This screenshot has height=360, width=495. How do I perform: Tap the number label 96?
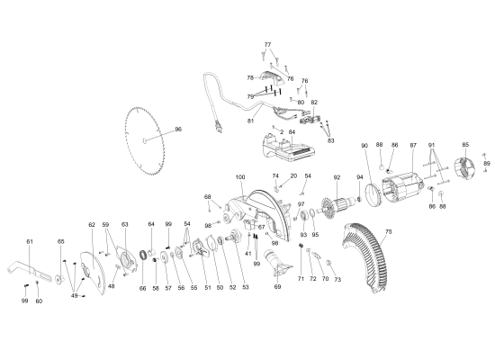[178, 130]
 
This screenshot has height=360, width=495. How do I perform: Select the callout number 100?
[239, 176]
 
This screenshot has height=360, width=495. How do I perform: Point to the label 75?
[389, 232]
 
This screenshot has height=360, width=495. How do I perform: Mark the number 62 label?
[92, 224]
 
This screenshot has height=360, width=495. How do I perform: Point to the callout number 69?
[277, 287]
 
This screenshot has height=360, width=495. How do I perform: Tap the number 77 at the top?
[267, 44]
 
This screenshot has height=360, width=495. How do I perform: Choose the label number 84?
[292, 132]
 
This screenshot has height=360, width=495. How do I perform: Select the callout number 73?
[337, 280]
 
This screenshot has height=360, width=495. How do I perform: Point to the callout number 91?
[432, 145]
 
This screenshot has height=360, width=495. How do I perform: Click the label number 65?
[61, 242]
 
